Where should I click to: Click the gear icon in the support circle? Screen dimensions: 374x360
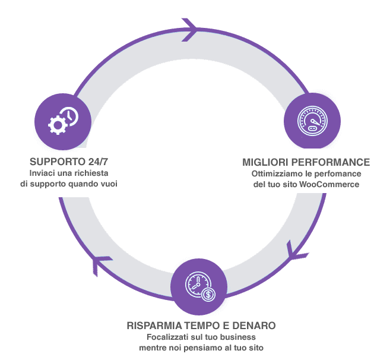click(58, 125)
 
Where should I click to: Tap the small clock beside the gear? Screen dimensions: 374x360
click(70, 116)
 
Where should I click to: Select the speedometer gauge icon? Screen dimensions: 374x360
click(312, 121)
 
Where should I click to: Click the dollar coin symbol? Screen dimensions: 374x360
click(208, 294)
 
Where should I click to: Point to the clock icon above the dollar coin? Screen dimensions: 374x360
click(198, 284)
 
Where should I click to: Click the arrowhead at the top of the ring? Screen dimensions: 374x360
click(189, 30)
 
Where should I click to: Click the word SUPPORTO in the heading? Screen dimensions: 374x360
click(58, 162)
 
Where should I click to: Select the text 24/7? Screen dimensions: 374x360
click(98, 162)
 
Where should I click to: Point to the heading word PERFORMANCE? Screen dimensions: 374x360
click(331, 162)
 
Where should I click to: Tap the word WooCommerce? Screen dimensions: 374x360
click(329, 184)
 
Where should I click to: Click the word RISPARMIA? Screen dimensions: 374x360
click(154, 326)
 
